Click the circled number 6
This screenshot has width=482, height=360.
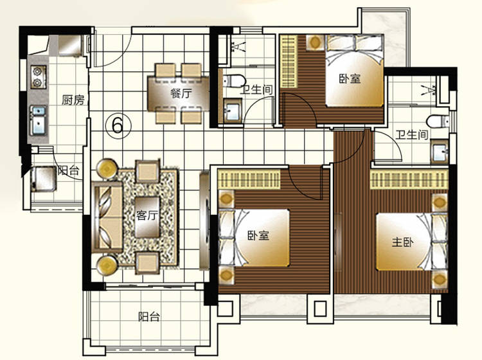pyautogui.click(x=118, y=125)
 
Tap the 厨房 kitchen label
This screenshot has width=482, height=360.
pyautogui.click(x=73, y=100)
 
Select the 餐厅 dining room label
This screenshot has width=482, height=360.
pyautogui.click(x=181, y=93)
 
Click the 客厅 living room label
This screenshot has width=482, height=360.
pyautogui.click(x=147, y=215)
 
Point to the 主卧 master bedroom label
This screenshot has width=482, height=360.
pyautogui.click(x=402, y=242)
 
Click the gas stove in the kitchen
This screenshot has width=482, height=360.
pyautogui.click(x=39, y=77)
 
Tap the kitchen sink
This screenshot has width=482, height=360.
pyautogui.click(x=39, y=120)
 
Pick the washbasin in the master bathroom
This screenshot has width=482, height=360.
pyautogui.click(x=440, y=152)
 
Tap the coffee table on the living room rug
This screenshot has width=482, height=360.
pyautogui.click(x=147, y=217)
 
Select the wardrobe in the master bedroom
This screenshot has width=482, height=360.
pyautogui.click(x=409, y=179)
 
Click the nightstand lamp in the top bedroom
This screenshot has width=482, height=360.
pyautogui.click(x=314, y=42)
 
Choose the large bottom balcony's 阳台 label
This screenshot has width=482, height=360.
pyautogui.click(x=149, y=316)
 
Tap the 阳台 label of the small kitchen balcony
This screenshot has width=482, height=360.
pyautogui.click(x=69, y=170)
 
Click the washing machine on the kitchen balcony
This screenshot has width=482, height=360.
pyautogui.click(x=43, y=179)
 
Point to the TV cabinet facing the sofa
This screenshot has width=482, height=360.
pyautogui.click(x=204, y=221)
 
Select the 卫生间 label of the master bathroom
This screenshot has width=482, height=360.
pyautogui.click(x=411, y=134)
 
